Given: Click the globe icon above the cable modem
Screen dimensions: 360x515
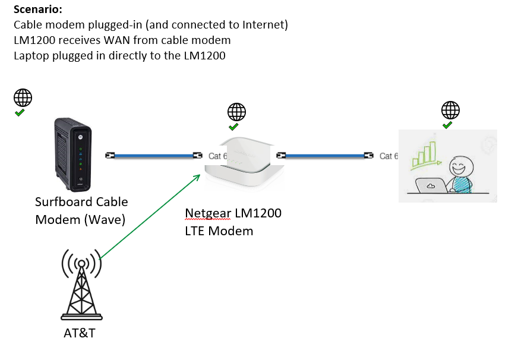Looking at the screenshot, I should click(23, 97).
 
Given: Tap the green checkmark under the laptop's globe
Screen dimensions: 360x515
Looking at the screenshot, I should click(448, 125).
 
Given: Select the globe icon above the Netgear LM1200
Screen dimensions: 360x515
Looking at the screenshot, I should click(237, 112).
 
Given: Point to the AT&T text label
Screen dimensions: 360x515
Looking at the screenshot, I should click(80, 333).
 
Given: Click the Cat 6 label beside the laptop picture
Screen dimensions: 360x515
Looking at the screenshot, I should click(388, 156).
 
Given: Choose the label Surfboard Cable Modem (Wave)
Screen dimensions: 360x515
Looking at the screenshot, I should click(81, 210).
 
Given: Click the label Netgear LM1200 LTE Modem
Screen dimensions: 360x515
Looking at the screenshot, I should click(232, 222).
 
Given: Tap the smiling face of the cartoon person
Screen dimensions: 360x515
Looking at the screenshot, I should click(460, 165).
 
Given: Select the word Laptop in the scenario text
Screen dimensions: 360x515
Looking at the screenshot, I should click(30, 56).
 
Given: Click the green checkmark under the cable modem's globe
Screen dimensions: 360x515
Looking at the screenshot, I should click(20, 112).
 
